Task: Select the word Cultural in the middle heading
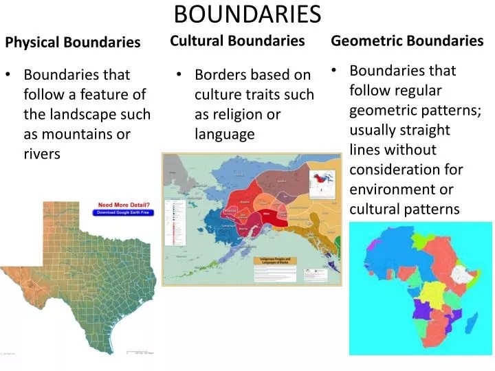(x=197, y=41)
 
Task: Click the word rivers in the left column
(x=42, y=155)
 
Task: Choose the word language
(x=224, y=134)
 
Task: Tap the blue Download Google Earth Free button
(x=124, y=213)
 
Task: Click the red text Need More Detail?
(x=124, y=205)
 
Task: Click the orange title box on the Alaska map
(x=284, y=261)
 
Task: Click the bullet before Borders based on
(x=178, y=74)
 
